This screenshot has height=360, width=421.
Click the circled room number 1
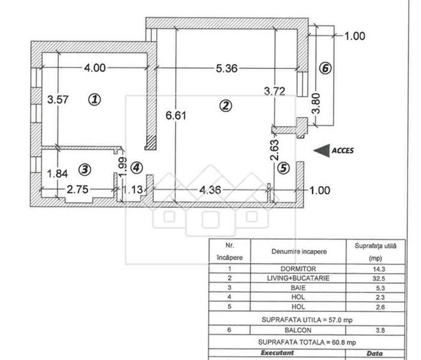point(95,99)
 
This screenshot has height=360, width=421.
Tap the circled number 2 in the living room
point(226,106)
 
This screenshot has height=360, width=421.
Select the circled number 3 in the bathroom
point(85,169)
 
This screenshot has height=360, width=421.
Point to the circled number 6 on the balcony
point(325,68)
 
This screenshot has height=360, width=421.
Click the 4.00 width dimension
point(95,68)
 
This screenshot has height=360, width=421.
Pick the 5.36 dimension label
point(227,68)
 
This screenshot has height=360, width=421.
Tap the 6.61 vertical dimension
point(176,116)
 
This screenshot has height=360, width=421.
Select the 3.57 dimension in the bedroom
point(57,99)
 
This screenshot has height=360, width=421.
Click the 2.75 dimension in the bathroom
point(77,189)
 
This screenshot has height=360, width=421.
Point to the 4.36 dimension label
point(210,190)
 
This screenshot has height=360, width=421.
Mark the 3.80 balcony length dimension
point(317,104)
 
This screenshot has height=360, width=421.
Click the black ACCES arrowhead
point(321,150)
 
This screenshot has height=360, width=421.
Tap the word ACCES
point(342,150)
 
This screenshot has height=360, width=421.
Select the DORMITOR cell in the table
point(298,269)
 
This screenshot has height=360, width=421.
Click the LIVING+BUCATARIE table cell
point(298,278)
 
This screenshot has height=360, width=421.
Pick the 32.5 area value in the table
point(379,279)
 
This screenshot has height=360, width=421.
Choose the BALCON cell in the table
point(298,330)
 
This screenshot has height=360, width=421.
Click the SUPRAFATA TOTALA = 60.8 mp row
point(307,342)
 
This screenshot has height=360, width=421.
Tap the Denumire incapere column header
point(299,252)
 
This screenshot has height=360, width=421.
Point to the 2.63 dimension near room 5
point(274,150)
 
